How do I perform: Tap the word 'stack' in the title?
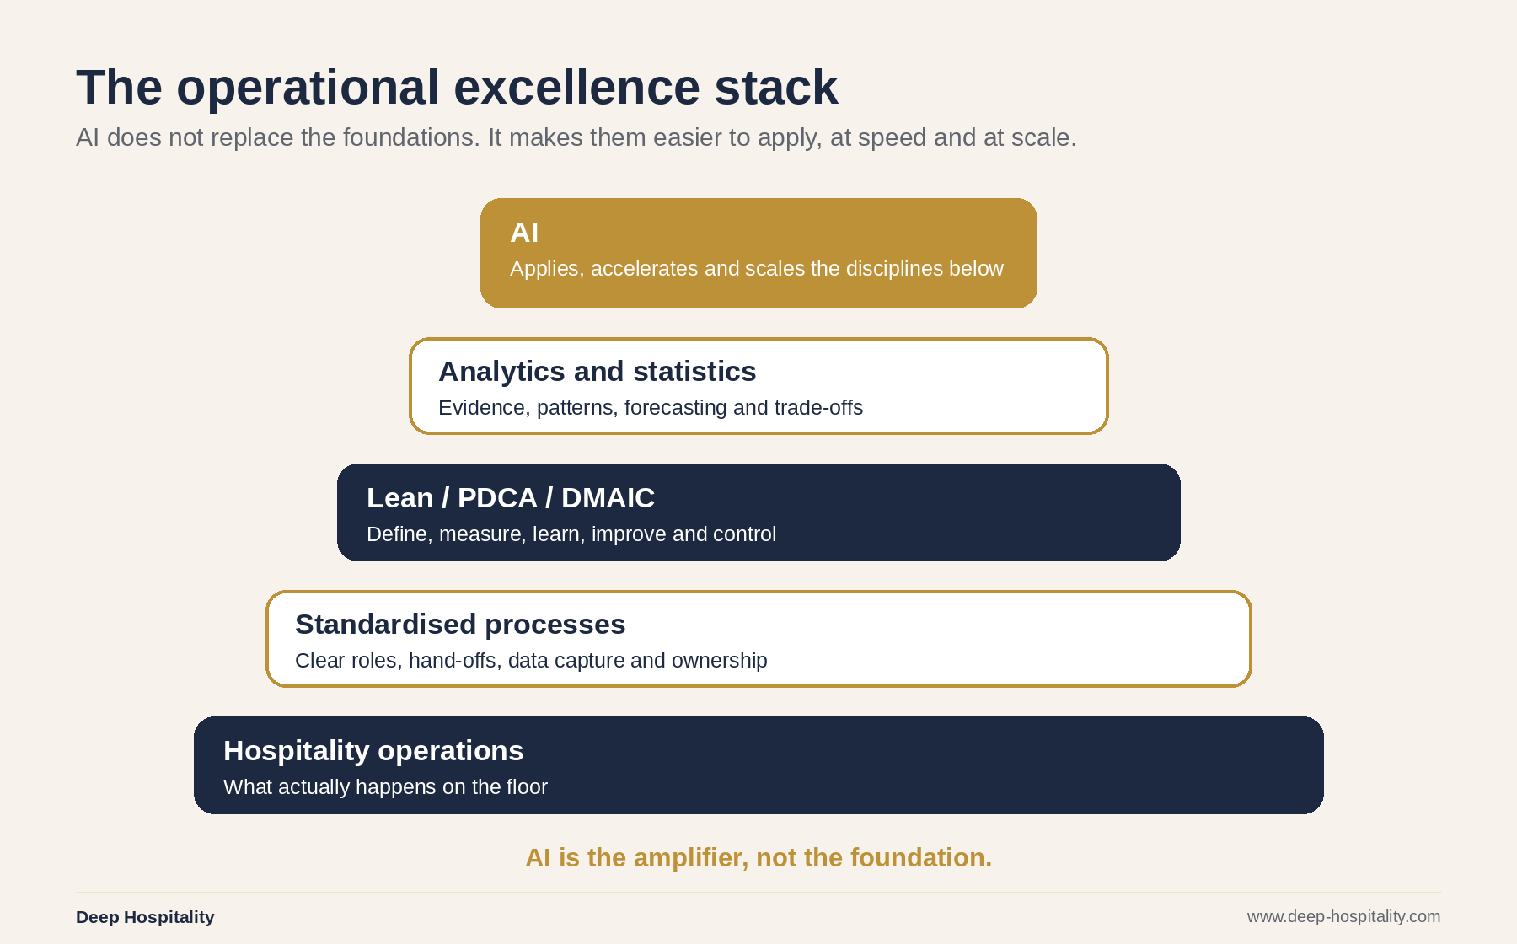[x=776, y=87]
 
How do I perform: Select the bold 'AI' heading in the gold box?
[x=524, y=233]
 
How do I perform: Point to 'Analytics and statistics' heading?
[x=598, y=372]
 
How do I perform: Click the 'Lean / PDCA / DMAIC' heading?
[x=511, y=498]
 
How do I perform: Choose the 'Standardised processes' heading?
[x=460, y=625]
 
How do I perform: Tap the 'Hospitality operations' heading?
[x=373, y=751]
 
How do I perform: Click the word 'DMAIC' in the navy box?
[x=608, y=498]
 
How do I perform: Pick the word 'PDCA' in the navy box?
[x=497, y=498]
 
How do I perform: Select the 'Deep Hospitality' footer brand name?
[x=145, y=917]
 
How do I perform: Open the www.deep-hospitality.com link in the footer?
[x=1343, y=916]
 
